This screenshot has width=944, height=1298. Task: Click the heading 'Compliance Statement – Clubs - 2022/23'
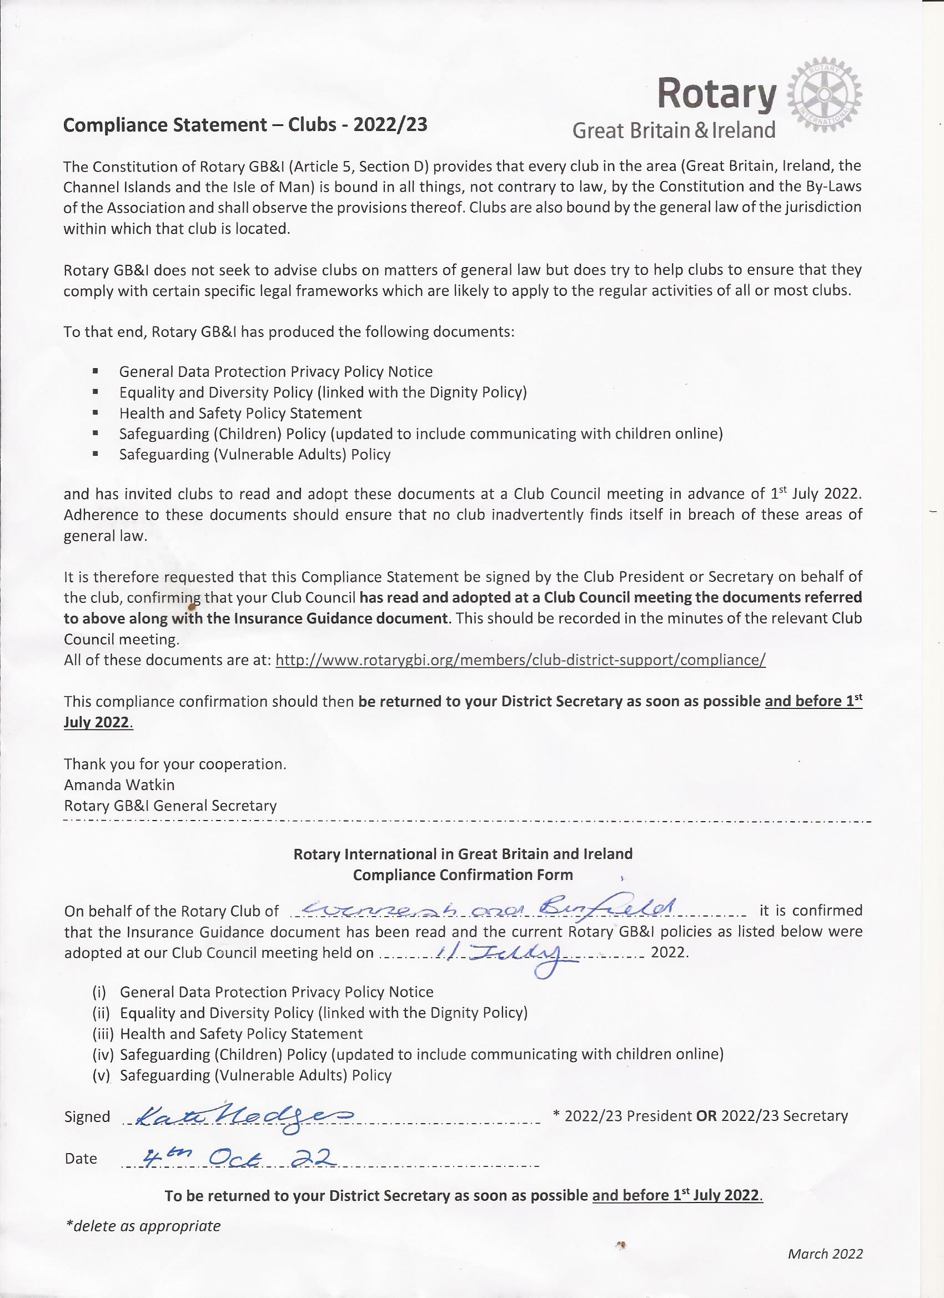click(245, 125)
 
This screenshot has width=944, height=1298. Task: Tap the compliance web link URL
click(520, 660)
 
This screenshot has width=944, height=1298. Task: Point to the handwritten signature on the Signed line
click(239, 1116)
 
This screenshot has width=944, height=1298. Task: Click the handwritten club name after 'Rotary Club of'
click(486, 908)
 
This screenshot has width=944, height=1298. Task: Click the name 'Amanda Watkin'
click(119, 784)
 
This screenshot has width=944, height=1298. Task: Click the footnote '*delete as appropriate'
click(143, 1226)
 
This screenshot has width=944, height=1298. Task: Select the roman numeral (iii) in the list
click(103, 1034)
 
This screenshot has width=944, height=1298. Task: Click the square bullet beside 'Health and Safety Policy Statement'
click(95, 412)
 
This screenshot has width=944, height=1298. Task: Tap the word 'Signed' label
click(87, 1116)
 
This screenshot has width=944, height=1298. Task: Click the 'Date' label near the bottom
click(81, 1158)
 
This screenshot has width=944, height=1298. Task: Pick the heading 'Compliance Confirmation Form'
click(463, 875)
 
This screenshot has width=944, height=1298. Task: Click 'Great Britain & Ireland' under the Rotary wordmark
click(674, 130)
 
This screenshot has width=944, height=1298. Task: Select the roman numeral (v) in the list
click(101, 1075)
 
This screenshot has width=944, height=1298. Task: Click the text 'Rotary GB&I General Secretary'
click(170, 806)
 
